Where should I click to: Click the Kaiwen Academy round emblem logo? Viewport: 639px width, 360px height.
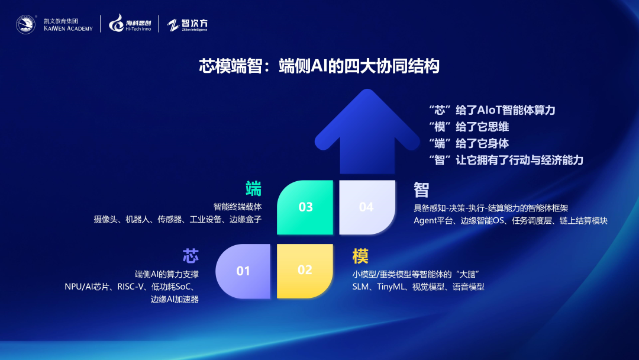click(25, 24)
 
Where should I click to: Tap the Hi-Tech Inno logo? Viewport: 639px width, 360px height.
click(130, 23)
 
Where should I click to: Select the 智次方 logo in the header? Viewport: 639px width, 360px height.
click(188, 25)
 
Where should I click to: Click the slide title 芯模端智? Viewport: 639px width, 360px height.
click(231, 66)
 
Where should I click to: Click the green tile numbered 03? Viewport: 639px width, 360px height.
click(305, 207)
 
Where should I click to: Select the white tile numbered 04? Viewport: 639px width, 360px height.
click(367, 207)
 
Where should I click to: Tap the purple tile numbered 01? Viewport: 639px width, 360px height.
click(243, 271)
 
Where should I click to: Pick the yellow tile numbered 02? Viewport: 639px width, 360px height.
click(305, 271)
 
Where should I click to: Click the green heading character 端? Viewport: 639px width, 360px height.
click(253, 189)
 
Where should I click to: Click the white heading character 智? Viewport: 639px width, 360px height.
click(421, 190)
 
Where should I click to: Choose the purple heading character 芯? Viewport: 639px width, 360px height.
click(191, 256)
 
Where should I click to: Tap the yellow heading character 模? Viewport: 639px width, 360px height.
click(360, 256)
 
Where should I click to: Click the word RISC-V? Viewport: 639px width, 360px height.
click(131, 287)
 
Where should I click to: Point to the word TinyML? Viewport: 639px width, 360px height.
click(390, 287)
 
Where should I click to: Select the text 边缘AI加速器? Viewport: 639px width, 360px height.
click(175, 299)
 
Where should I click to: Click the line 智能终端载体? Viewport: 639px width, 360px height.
click(238, 207)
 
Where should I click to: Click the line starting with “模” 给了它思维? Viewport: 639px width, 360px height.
click(469, 127)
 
